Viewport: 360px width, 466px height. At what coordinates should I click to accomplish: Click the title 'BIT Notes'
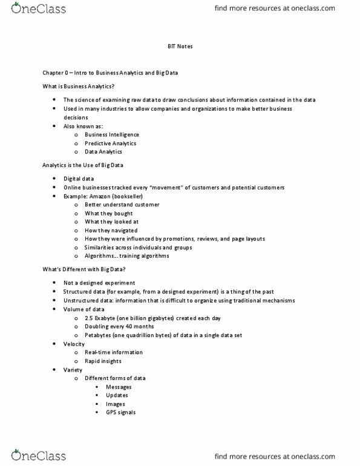coord(180,46)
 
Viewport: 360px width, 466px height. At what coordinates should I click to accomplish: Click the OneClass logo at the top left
coord(39,8)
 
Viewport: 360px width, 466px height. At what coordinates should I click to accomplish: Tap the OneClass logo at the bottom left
coord(39,455)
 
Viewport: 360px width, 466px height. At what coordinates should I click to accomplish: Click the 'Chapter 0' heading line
coord(110,73)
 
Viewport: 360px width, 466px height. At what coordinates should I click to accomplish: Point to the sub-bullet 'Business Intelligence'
coord(111,134)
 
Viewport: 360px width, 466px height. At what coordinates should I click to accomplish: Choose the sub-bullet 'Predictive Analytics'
coord(110,143)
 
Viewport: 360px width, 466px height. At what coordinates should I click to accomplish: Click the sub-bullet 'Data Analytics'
coord(103,152)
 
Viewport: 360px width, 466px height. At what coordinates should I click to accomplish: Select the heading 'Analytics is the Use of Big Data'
coord(82,165)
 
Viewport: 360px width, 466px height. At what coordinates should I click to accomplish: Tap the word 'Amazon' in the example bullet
coord(100,196)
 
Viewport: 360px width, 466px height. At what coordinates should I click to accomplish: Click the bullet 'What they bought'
coord(108,214)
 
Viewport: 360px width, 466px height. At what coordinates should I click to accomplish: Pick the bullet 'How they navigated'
coord(111,231)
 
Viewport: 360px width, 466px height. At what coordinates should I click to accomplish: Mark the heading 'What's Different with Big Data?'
coord(83,269)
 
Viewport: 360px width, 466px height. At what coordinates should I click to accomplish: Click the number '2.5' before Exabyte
coord(88,318)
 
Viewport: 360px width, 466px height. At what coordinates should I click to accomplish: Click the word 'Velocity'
coord(74,344)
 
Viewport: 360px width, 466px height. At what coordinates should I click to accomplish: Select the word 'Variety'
coord(73,370)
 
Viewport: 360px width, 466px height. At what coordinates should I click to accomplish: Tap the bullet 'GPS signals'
coord(120,413)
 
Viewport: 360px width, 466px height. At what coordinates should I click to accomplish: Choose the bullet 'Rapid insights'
coord(103,361)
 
